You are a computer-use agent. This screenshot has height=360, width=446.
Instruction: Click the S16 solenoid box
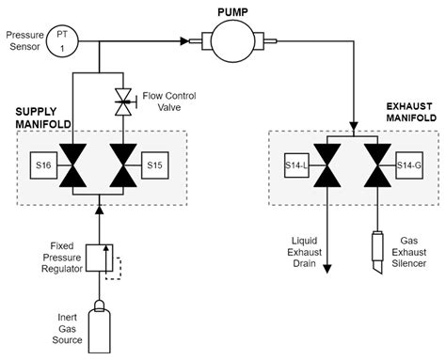[42, 165]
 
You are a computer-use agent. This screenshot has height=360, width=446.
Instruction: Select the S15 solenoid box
[155, 165]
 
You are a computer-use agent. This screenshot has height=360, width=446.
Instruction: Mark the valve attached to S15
[122, 165]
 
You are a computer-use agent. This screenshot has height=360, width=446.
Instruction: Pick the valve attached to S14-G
[377, 165]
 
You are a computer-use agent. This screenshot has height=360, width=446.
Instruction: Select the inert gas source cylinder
[97, 324]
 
